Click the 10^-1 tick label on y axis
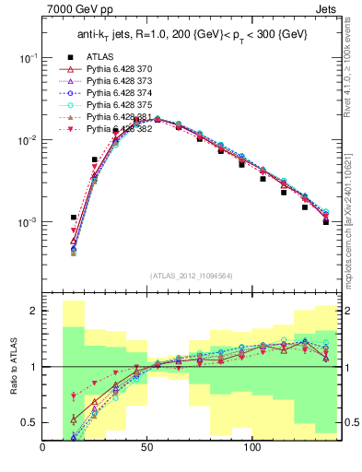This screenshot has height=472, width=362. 27,58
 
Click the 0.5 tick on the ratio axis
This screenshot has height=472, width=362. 30,422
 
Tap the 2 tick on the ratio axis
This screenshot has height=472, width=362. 34,312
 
